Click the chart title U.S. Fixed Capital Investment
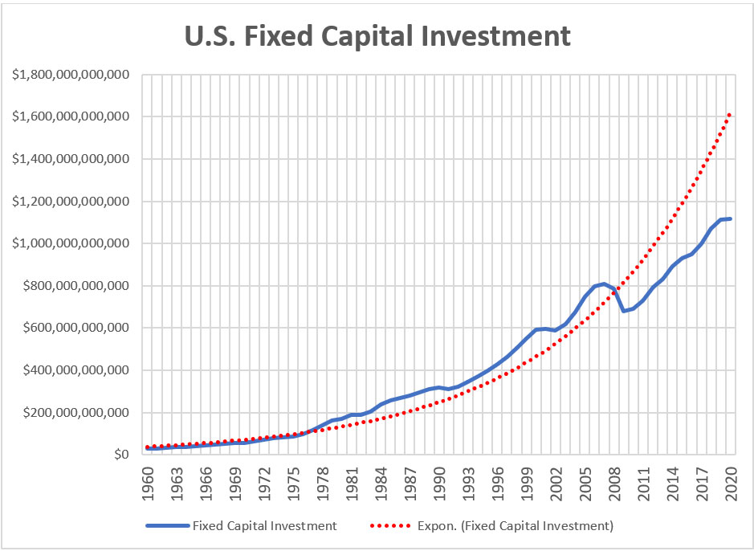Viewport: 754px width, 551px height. coord(377,36)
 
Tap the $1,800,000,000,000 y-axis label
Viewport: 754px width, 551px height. coord(71,75)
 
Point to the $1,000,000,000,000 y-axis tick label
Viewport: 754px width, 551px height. coord(71,243)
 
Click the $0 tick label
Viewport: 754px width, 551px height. coord(121,455)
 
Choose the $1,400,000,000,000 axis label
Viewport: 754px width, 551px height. coord(71,159)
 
